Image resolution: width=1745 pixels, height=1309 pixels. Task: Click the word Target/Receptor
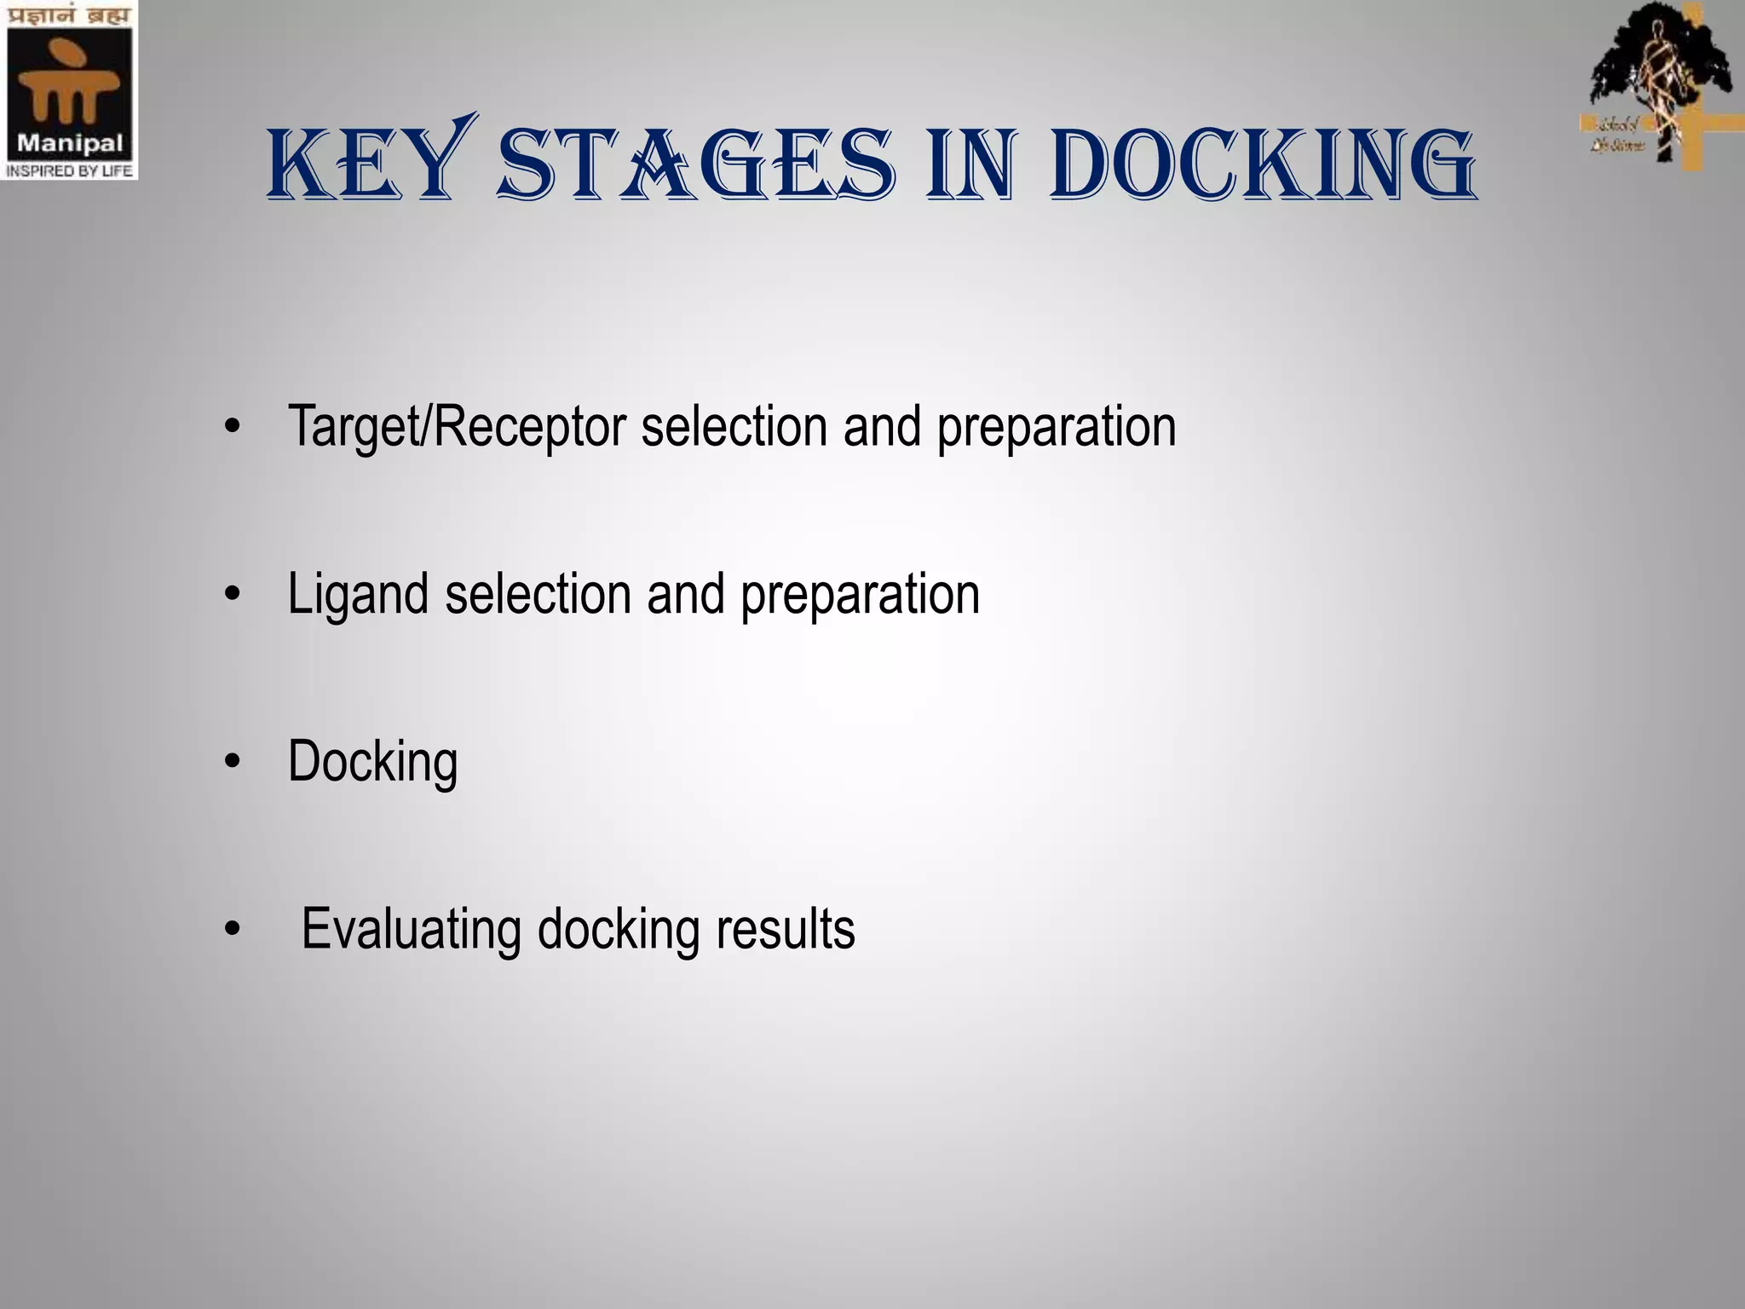(x=457, y=426)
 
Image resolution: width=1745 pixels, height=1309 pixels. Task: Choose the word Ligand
(x=358, y=595)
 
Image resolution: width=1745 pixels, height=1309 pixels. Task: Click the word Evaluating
(x=411, y=929)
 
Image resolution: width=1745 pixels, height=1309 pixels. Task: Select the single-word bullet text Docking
(x=372, y=762)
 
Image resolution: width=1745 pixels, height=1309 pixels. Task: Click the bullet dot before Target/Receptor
(x=233, y=428)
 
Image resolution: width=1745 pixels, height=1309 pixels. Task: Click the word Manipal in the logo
(x=70, y=142)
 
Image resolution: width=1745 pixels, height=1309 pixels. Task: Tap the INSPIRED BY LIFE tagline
(x=69, y=170)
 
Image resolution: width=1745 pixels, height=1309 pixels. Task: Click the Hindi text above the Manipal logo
(x=69, y=16)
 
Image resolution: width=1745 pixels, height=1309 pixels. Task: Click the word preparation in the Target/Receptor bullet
(x=1057, y=426)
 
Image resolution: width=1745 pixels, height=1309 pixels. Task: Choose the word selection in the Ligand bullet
(x=537, y=595)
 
